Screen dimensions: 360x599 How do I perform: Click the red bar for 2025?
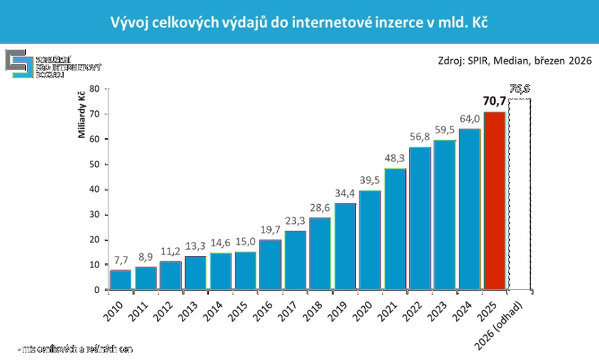(494, 201)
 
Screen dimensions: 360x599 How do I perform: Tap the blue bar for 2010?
(120, 280)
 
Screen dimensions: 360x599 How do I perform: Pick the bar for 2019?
(344, 246)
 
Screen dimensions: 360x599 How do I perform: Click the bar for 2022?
(420, 218)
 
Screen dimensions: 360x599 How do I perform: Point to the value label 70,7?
(495, 102)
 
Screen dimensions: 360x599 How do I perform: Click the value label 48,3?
(395, 159)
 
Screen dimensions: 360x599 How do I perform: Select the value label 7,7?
(120, 261)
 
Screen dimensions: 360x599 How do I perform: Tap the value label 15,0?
(245, 242)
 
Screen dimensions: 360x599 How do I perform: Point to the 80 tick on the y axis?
(95, 88)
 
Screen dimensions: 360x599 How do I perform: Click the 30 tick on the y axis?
(95, 214)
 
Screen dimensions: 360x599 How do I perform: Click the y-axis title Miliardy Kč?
(81, 114)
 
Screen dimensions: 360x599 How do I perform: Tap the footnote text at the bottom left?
(76, 350)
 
